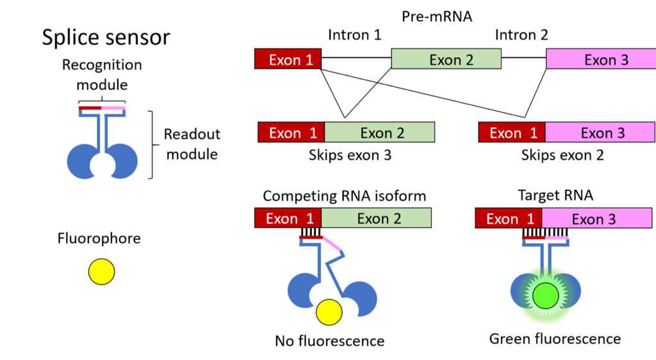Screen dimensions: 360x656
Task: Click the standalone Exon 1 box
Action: pos(288,59)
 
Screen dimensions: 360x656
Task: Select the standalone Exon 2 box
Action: pos(446,59)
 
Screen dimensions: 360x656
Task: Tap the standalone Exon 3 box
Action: pos(601,59)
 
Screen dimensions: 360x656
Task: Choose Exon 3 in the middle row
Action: pos(600,133)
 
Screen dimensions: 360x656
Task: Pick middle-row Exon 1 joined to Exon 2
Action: pos(291,133)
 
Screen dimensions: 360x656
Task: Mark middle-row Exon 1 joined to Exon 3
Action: pos(512,133)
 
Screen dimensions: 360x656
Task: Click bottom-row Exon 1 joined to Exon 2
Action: pos(288,218)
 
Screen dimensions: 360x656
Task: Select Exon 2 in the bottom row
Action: pos(376,218)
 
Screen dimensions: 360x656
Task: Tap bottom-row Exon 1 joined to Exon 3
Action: pos(509,218)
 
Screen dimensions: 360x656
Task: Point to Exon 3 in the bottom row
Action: pos(596,218)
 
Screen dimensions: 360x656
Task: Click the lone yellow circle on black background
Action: pos(101,272)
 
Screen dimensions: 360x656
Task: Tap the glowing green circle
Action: pos(546,295)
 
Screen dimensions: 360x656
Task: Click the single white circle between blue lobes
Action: pos(102,166)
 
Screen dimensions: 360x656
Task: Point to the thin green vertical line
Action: pos(102,131)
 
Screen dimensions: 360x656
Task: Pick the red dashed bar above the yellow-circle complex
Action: pos(310,237)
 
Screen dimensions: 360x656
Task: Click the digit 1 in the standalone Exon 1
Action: pos(309,60)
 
